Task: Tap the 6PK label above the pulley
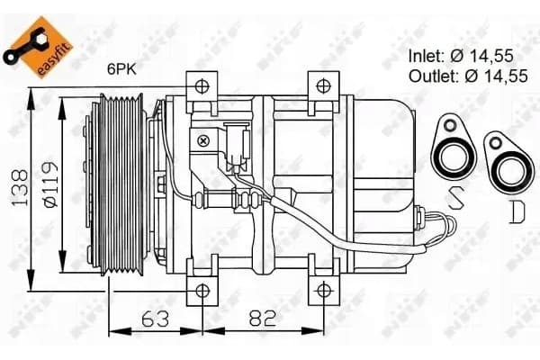[121, 69]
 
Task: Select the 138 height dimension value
[20, 188]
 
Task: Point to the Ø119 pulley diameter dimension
[50, 184]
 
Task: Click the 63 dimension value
[156, 319]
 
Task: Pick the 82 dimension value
[263, 319]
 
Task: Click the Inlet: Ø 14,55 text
[461, 56]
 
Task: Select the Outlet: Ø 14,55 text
[468, 76]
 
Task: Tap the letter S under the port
[455, 198]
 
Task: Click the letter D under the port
[517, 211]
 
